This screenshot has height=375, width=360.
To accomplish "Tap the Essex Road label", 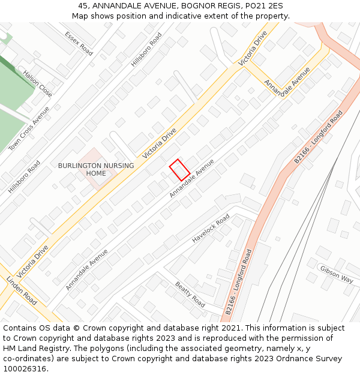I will (79, 43).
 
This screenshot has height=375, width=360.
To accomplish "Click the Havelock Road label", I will (211, 229).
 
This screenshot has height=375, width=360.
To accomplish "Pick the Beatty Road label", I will (190, 294).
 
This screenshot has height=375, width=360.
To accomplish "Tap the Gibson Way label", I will (336, 274).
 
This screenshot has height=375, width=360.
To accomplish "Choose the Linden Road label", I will (22, 291).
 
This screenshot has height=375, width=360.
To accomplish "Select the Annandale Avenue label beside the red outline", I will (191, 178).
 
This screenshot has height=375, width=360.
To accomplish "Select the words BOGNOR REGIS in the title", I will (207, 6).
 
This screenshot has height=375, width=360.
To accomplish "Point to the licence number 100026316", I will (26, 369).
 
